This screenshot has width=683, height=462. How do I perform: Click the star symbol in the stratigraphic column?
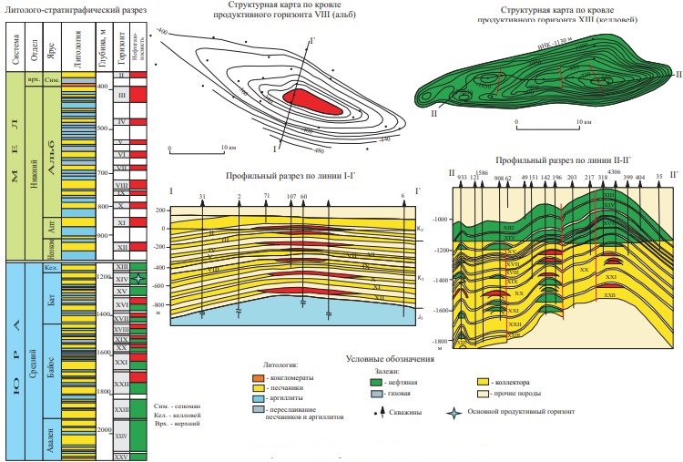137,278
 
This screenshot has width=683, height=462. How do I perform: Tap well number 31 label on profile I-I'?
202,196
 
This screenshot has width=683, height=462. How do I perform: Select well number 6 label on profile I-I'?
403,196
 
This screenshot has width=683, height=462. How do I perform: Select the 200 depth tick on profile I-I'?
162,210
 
